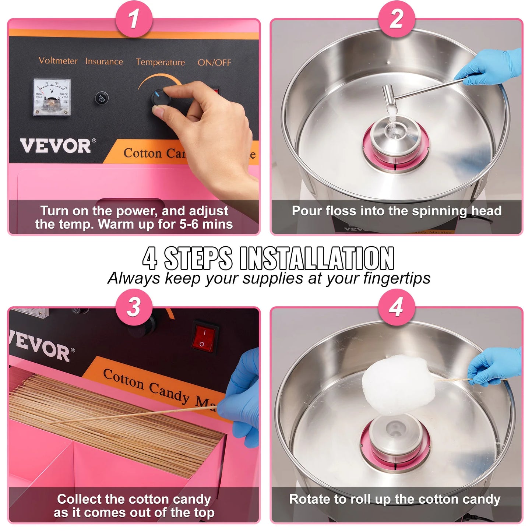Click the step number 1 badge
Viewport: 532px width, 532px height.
pyautogui.click(x=134, y=19)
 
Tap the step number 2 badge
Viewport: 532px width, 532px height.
pyautogui.click(x=396, y=19)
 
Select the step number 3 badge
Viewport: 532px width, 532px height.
pyautogui.click(x=134, y=307)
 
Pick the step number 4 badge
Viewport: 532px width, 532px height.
pyautogui.click(x=396, y=307)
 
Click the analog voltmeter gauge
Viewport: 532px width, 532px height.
pyautogui.click(x=52, y=97)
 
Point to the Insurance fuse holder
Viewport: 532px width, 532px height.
pyautogui.click(x=102, y=98)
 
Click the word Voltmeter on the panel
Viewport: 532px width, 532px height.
pyautogui.click(x=58, y=61)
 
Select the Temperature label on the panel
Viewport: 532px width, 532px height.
pyautogui.click(x=160, y=62)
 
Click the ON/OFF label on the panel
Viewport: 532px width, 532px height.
pyautogui.click(x=214, y=63)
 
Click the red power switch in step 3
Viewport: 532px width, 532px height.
pyautogui.click(x=204, y=338)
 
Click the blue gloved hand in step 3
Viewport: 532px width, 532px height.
pyautogui.click(x=241, y=398)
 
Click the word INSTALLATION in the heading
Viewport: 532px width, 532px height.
pyautogui.click(x=317, y=258)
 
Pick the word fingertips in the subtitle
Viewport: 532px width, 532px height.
pyautogui.click(x=397, y=278)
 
